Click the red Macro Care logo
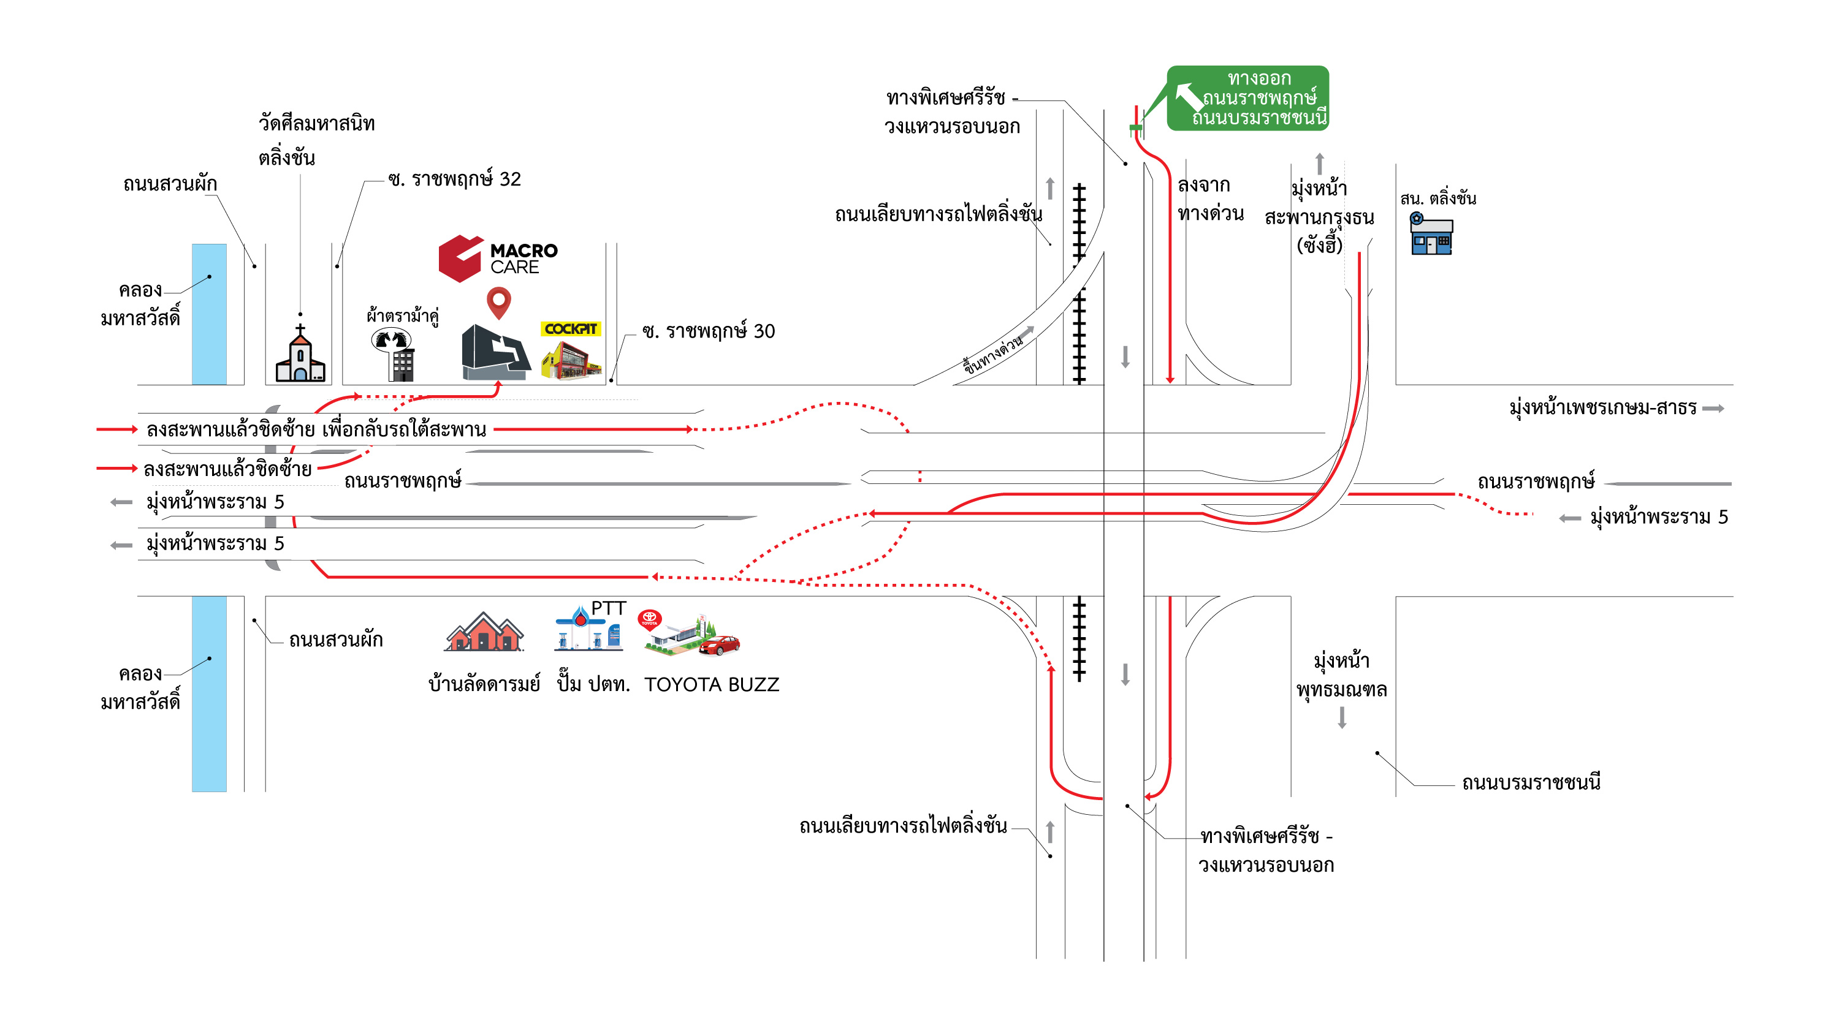pyautogui.click(x=460, y=259)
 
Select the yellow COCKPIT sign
pyautogui.click(x=571, y=328)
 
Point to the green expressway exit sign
pyautogui.click(x=1248, y=98)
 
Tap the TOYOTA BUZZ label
pyautogui.click(x=711, y=684)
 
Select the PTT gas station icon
pyautogui.click(x=589, y=629)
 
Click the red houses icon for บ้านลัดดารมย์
pyautogui.click(x=484, y=633)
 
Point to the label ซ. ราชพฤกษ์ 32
pyautogui.click(x=454, y=179)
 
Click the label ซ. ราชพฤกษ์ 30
pyautogui.click(x=708, y=331)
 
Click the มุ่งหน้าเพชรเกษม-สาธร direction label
pyautogui.click(x=1603, y=407)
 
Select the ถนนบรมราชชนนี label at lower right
pyautogui.click(x=1531, y=783)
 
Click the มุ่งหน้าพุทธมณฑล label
pyautogui.click(x=1341, y=675)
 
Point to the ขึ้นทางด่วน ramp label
pyautogui.click(x=993, y=355)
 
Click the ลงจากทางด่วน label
pyautogui.click(x=1210, y=199)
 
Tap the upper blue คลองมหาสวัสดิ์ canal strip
pyautogui.click(x=209, y=314)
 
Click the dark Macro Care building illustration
pyautogui.click(x=495, y=352)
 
